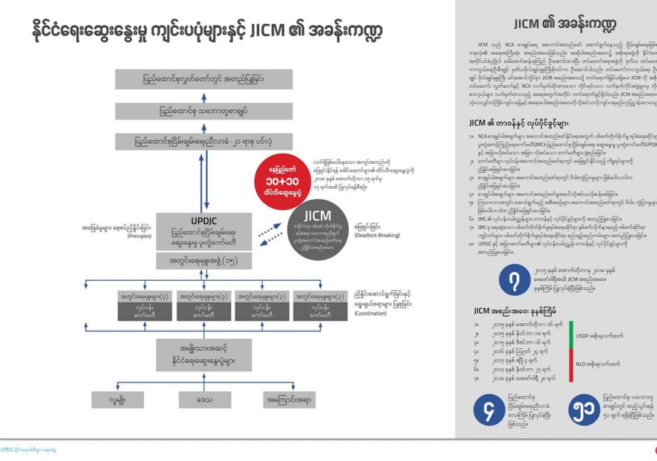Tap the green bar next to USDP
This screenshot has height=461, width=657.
571,335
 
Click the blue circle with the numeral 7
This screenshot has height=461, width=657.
513,279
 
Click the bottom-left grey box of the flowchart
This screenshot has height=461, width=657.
117,400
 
